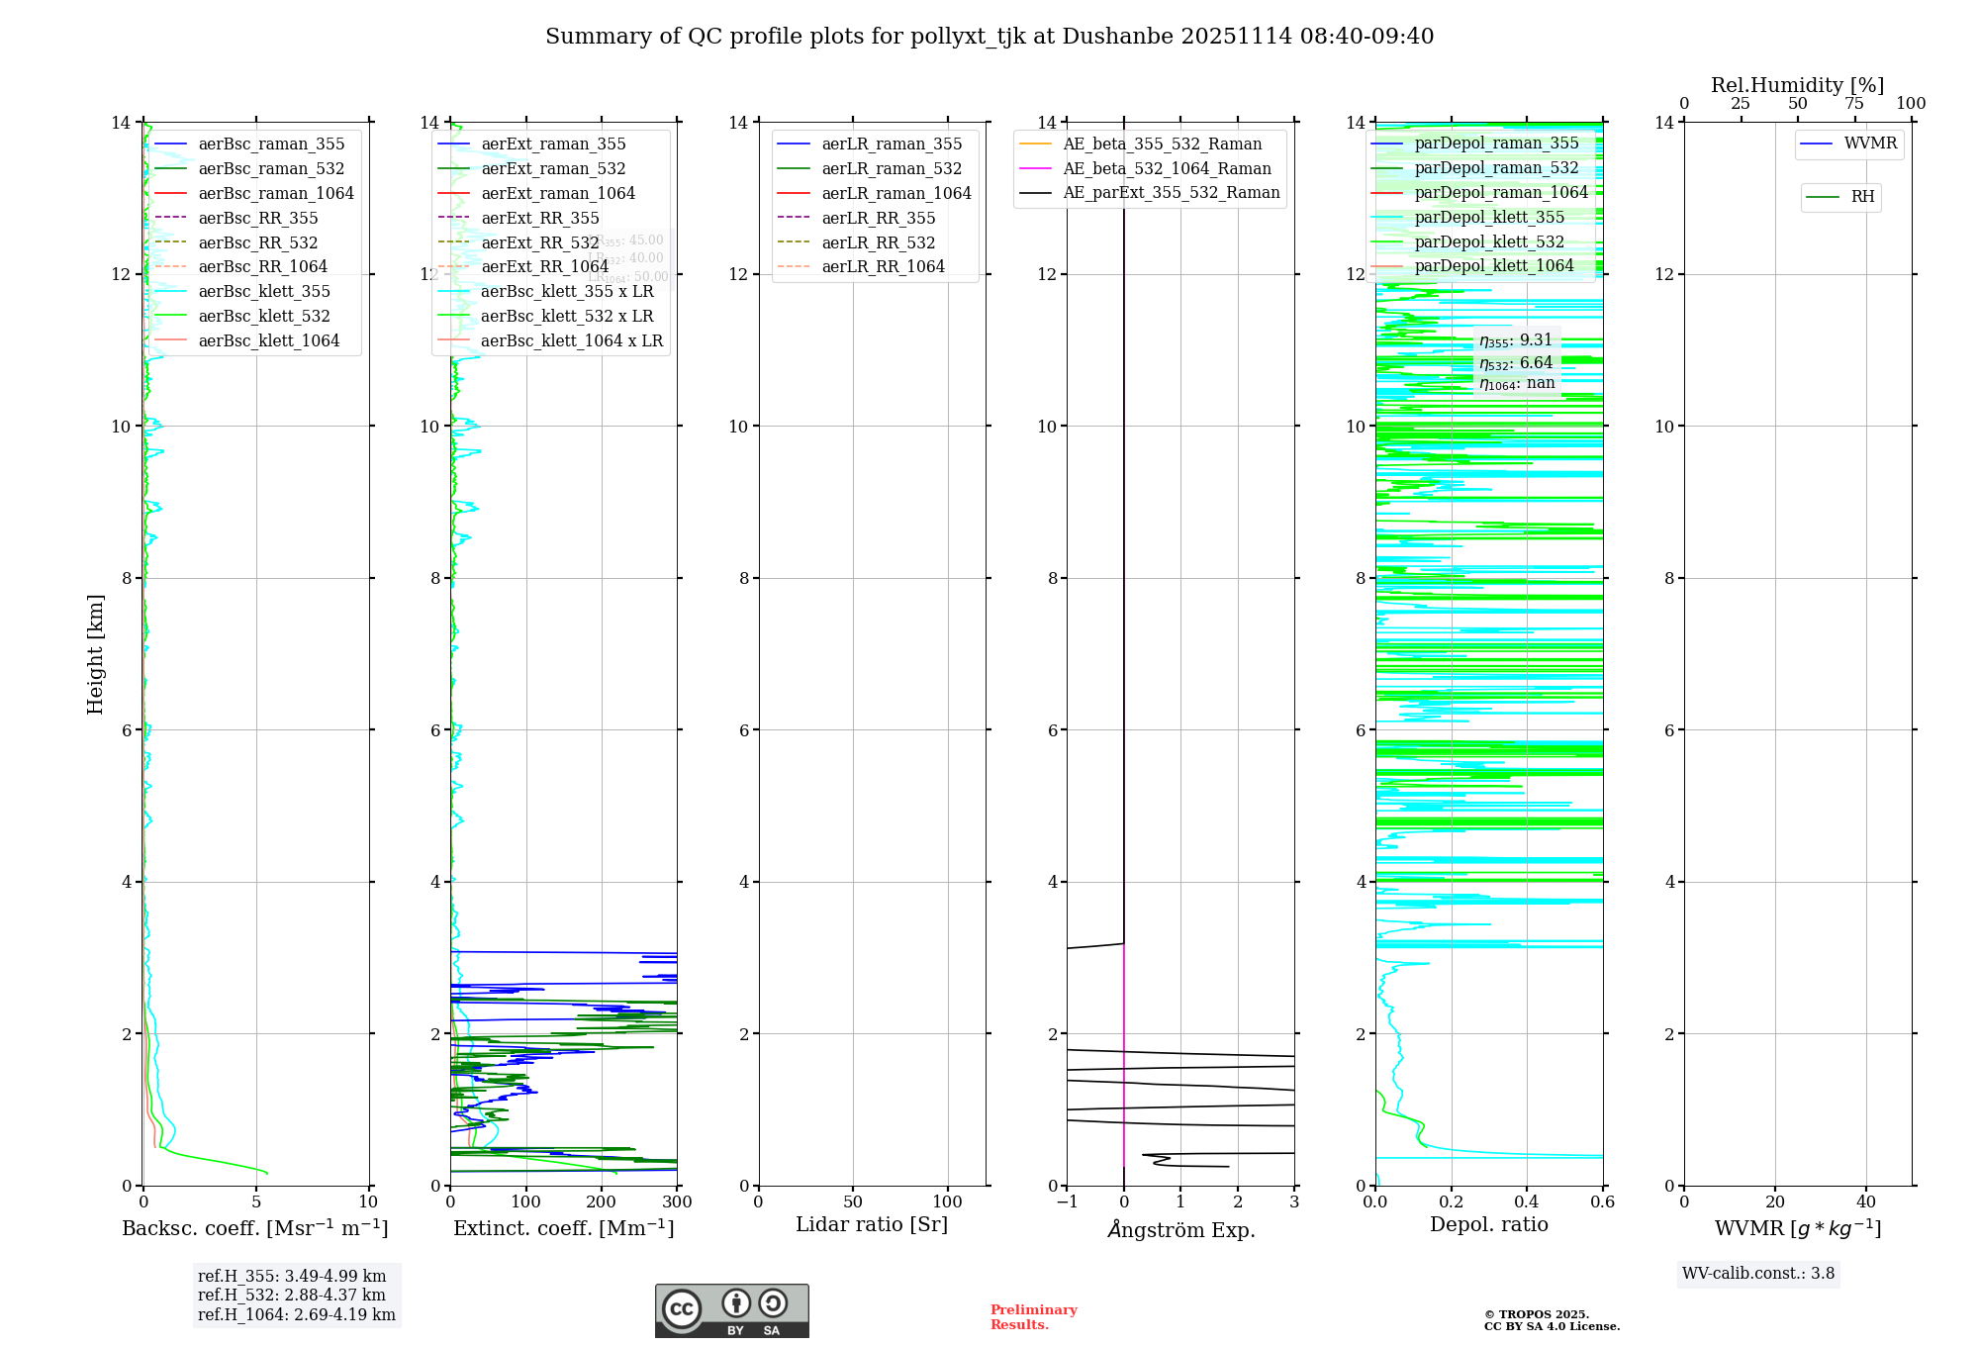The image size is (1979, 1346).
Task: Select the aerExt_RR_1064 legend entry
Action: tap(544, 267)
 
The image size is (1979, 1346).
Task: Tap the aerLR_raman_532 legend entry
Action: tap(891, 169)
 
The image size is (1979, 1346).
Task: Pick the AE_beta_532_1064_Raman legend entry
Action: tap(1167, 169)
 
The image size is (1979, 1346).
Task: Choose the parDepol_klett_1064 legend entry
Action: tap(1493, 266)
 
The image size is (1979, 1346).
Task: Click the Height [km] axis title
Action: tap(95, 654)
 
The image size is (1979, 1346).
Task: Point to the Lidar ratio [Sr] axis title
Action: tap(872, 1225)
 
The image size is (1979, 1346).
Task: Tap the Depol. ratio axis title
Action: tap(1488, 1225)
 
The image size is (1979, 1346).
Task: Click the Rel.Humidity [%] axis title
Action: tap(1797, 86)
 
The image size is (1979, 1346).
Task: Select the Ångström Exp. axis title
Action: tap(1180, 1230)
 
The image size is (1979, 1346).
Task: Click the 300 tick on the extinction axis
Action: tap(677, 1202)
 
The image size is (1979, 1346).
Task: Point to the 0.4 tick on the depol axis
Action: tap(1527, 1202)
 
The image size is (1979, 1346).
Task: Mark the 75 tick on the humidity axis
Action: tap(1854, 104)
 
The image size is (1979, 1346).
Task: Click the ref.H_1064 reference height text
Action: tap(296, 1315)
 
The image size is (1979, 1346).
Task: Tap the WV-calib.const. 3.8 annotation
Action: tap(1757, 1274)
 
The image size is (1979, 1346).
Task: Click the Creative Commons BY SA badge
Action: tap(731, 1311)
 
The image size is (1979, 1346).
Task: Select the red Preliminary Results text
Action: tap(1033, 1317)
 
